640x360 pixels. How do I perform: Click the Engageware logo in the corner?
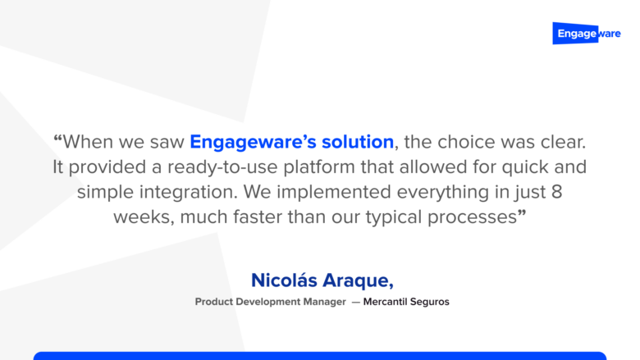pyautogui.click(x=587, y=34)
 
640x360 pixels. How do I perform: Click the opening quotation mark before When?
pyautogui.click(x=57, y=140)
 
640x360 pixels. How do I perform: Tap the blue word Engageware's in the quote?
pyautogui.click(x=246, y=141)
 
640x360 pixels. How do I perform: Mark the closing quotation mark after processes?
pyautogui.click(x=522, y=217)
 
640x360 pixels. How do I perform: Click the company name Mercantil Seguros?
pyautogui.click(x=406, y=302)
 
